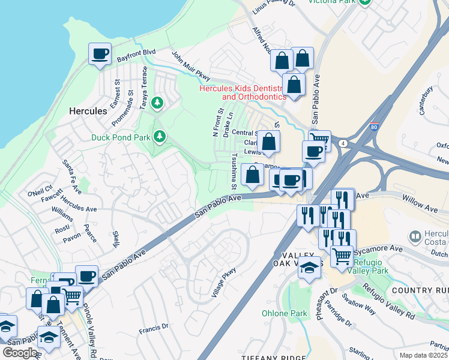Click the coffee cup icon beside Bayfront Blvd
(x=100, y=54)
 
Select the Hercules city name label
(x=88, y=111)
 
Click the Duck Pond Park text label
(x=121, y=137)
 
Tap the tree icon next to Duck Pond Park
(x=160, y=137)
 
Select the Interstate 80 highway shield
(x=374, y=126)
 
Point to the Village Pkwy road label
(x=224, y=283)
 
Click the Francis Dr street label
(x=153, y=328)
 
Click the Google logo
(x=20, y=353)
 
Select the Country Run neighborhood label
(x=420, y=290)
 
